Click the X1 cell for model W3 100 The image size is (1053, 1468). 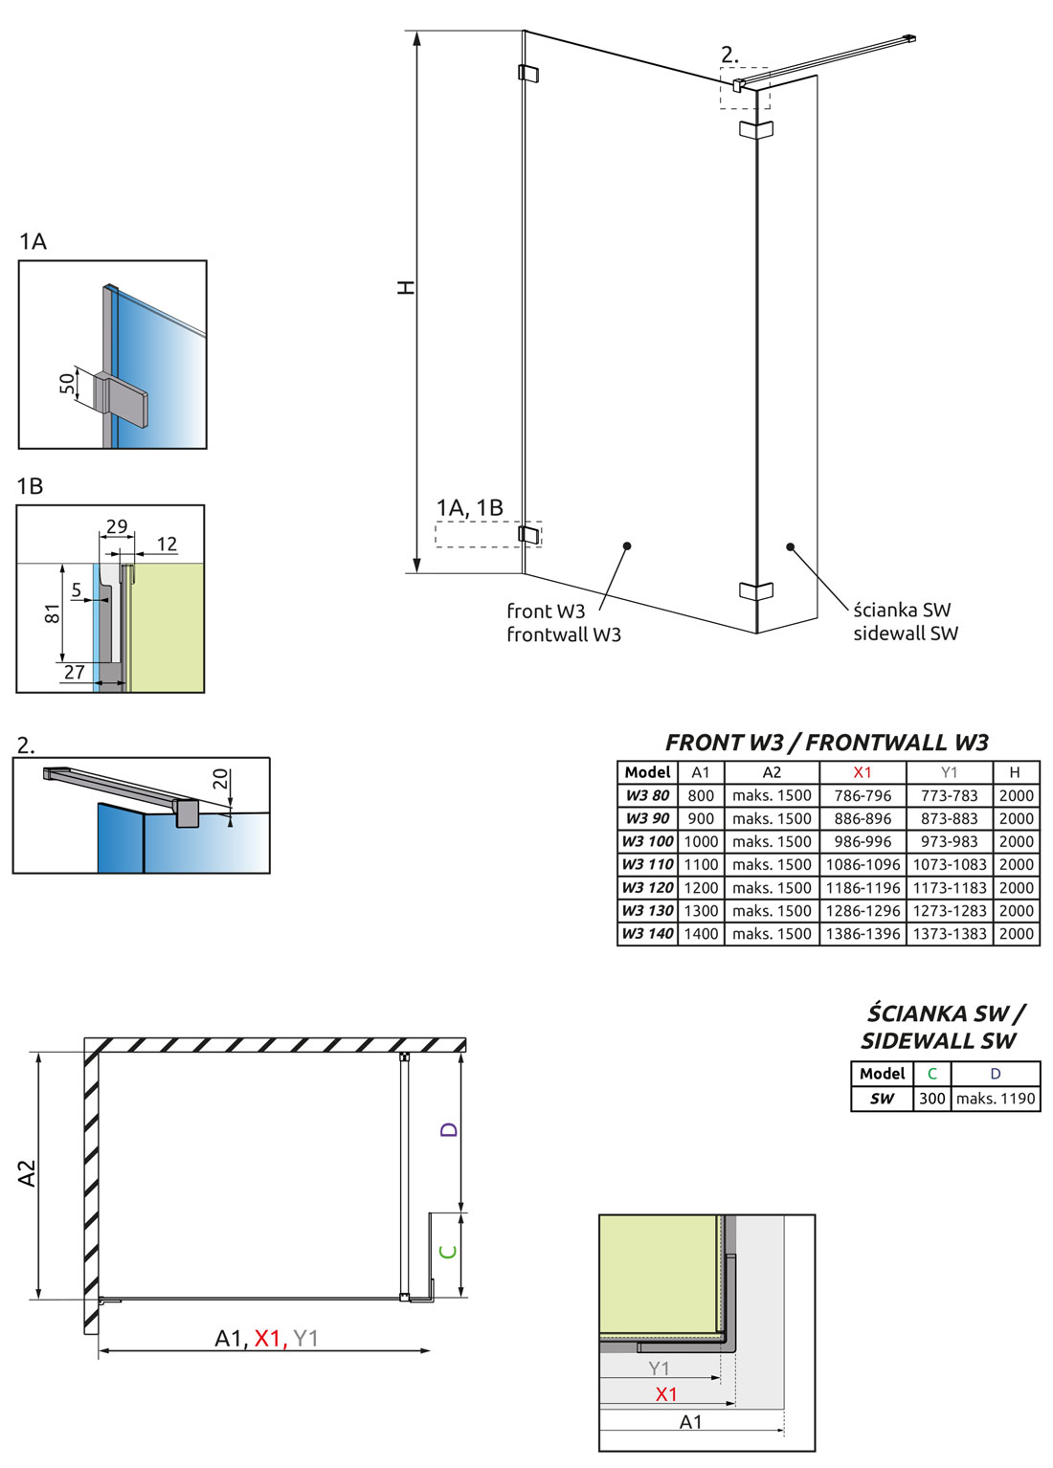(x=863, y=841)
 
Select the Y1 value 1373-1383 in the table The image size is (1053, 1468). (x=949, y=933)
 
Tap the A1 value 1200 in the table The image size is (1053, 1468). (x=701, y=887)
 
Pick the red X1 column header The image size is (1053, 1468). (x=863, y=772)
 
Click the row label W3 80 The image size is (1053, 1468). (x=647, y=795)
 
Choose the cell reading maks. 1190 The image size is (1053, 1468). (x=996, y=1099)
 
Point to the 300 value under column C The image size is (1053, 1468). (x=931, y=1099)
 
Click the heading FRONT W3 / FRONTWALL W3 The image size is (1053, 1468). (x=826, y=743)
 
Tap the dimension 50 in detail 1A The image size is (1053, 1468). (x=67, y=384)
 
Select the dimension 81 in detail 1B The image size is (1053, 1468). (x=53, y=612)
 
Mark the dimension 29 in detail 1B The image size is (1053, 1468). (x=117, y=526)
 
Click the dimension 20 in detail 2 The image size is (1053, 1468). (x=221, y=779)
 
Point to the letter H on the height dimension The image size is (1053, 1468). (x=407, y=287)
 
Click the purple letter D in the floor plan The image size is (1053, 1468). (x=449, y=1130)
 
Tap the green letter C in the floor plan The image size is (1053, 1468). (x=448, y=1251)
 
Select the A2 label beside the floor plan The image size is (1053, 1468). (x=27, y=1173)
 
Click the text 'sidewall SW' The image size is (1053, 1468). (x=905, y=634)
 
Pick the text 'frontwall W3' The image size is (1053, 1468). (x=564, y=634)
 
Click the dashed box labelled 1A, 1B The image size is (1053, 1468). (x=488, y=534)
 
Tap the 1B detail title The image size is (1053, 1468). (x=30, y=486)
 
